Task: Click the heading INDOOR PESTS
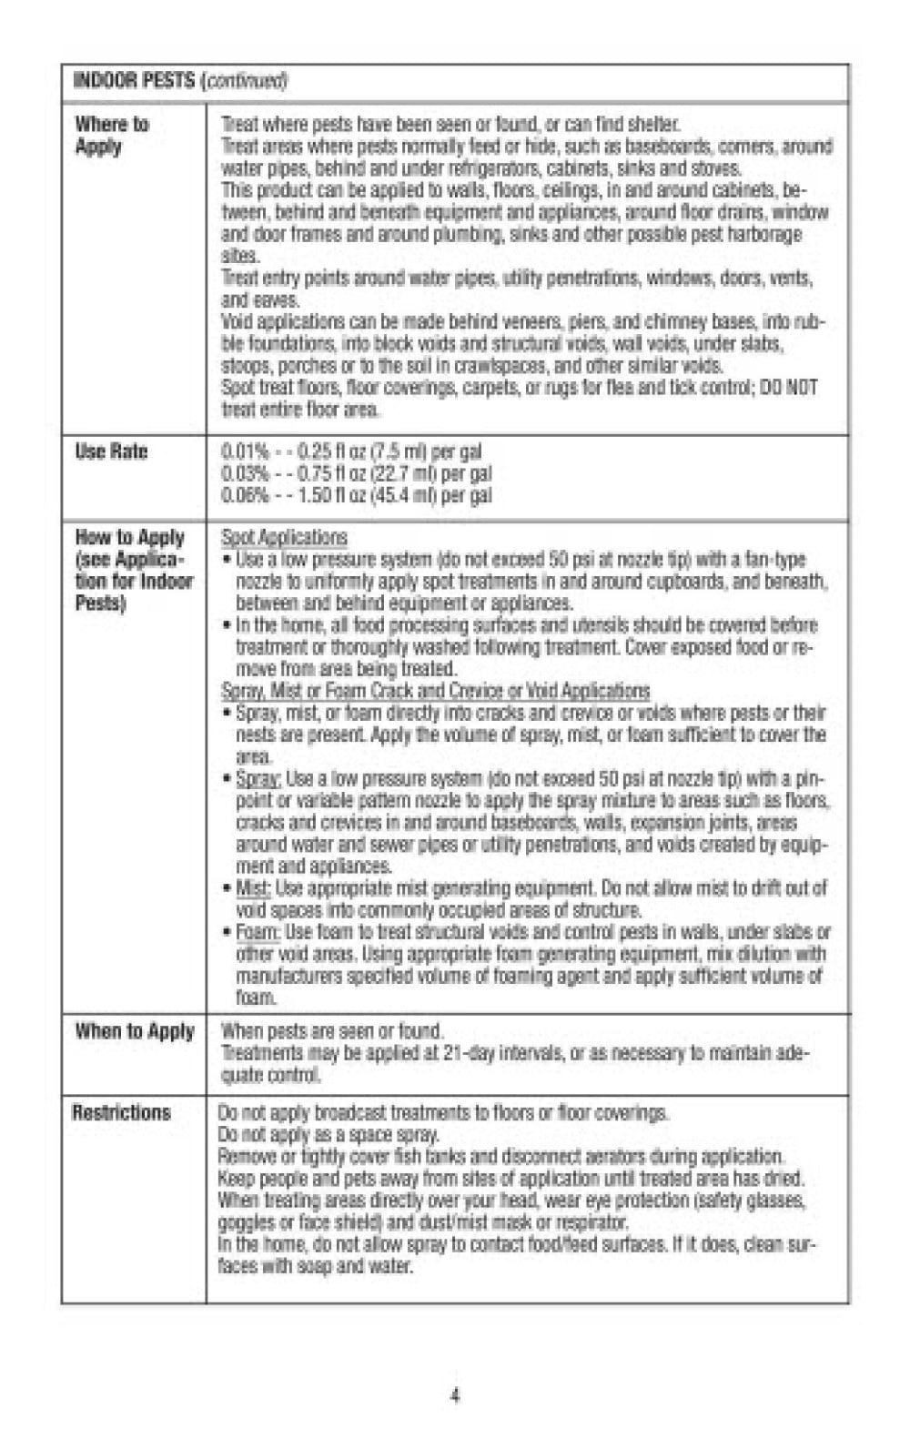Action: [134, 81]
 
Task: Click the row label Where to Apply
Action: [112, 135]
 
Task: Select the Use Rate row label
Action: [111, 451]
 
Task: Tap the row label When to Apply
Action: [135, 1031]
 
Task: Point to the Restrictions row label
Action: [121, 1112]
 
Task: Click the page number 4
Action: [455, 1395]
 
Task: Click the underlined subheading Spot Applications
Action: [284, 537]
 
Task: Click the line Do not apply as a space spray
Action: [329, 1135]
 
